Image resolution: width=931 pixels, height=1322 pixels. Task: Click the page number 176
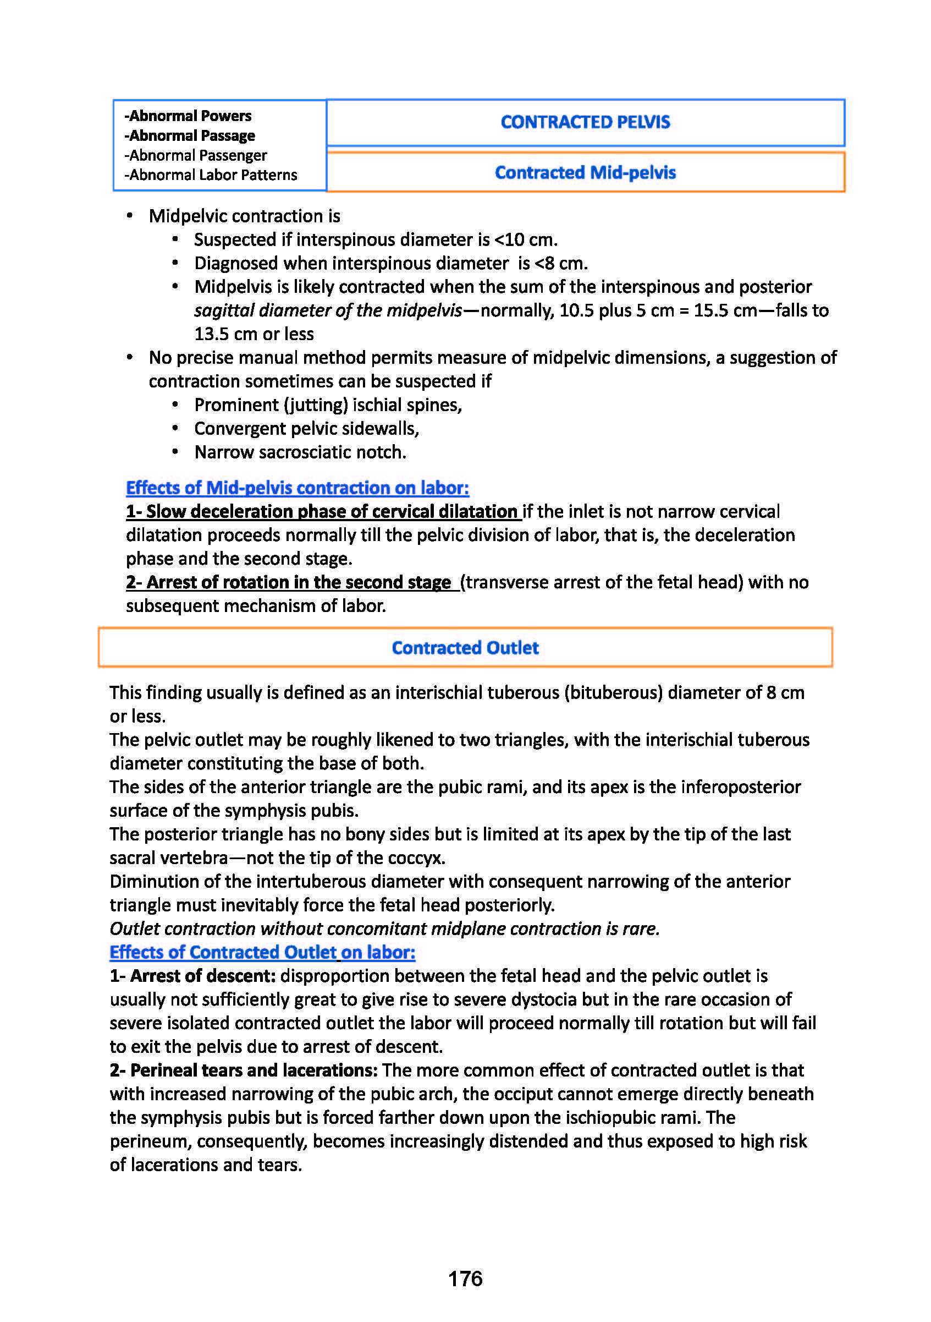(x=465, y=1278)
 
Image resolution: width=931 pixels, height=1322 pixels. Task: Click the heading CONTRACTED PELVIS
(x=585, y=122)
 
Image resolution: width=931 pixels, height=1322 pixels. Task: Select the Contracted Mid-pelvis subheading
(x=585, y=172)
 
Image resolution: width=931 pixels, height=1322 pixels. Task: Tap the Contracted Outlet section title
(x=465, y=648)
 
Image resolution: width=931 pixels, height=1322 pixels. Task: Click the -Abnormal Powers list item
(x=188, y=116)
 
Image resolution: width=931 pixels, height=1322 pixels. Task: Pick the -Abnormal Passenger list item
(x=196, y=155)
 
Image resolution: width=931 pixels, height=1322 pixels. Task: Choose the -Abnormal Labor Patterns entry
(x=211, y=175)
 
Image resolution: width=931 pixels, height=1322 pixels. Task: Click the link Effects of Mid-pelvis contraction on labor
(x=298, y=488)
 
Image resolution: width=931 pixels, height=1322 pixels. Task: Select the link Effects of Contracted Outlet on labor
(x=262, y=952)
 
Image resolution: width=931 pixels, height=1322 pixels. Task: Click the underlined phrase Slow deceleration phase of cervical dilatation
(x=332, y=511)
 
